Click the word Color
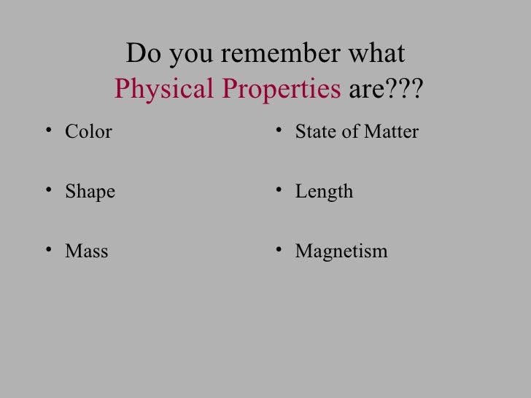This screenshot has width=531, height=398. [88, 132]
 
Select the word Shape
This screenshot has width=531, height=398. [90, 192]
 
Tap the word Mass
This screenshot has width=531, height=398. [86, 251]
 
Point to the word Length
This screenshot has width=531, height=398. [324, 192]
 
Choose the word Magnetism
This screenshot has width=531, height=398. [341, 252]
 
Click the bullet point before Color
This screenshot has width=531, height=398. [48, 131]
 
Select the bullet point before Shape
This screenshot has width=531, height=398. [48, 192]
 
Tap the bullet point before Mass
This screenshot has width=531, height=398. [48, 251]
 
